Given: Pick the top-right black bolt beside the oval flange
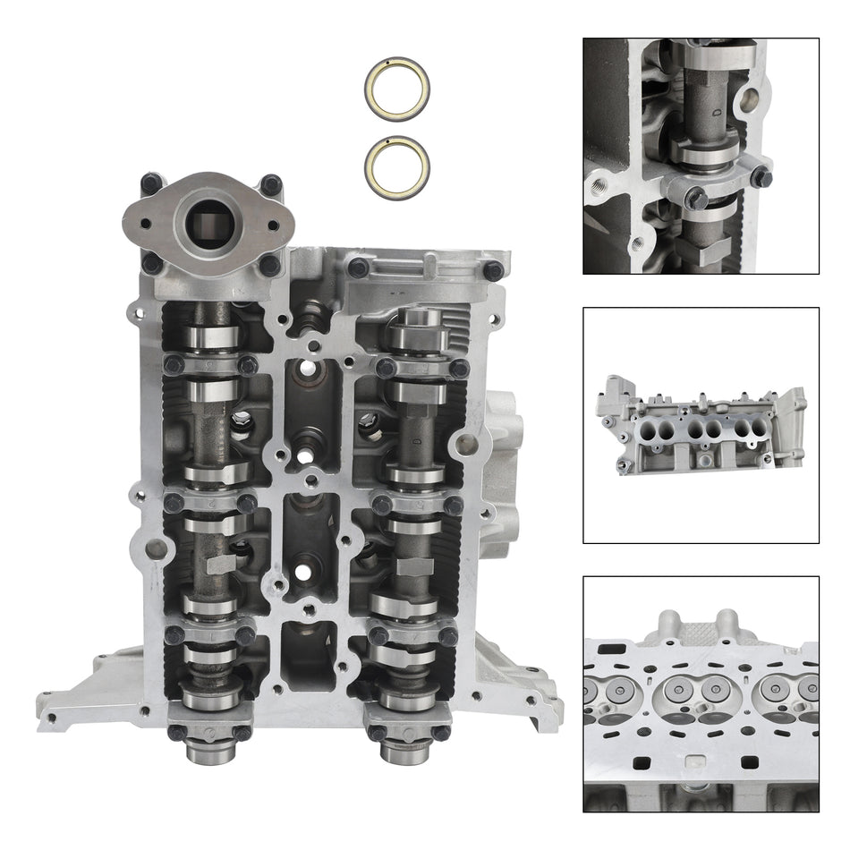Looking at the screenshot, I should click(x=271, y=184).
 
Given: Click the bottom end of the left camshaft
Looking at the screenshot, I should click(x=208, y=751).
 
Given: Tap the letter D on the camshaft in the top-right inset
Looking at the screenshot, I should click(x=718, y=114).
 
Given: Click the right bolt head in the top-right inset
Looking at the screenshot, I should click(x=761, y=176).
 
